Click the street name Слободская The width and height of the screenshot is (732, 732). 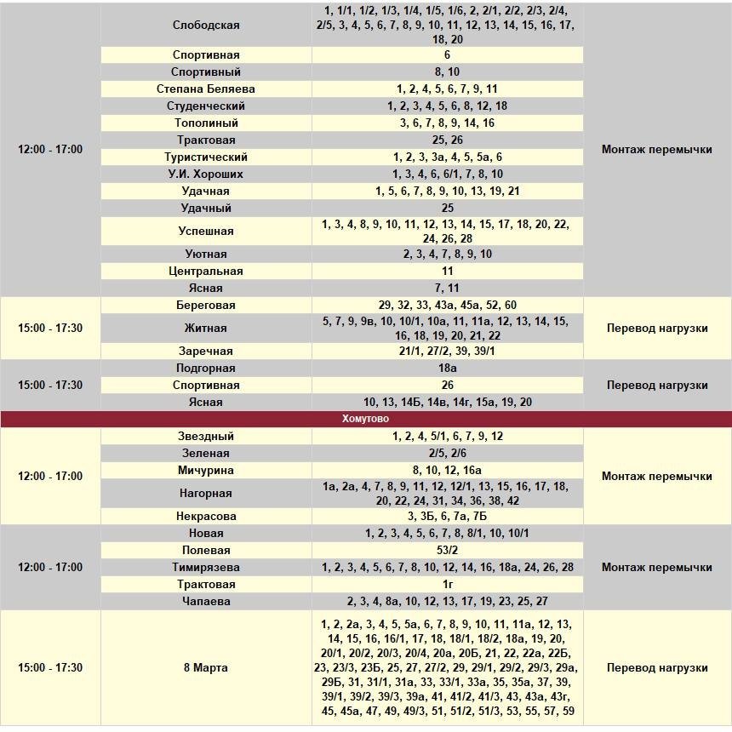click(206, 26)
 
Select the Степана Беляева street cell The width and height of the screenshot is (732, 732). click(206, 89)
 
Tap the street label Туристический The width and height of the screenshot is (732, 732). click(206, 157)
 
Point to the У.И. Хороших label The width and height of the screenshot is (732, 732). click(206, 174)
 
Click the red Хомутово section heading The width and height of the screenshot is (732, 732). click(366, 419)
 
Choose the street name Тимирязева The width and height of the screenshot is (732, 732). click(206, 568)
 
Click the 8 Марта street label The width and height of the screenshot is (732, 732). click(206, 668)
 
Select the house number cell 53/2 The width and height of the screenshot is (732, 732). click(448, 551)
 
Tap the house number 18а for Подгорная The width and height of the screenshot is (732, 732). click(448, 369)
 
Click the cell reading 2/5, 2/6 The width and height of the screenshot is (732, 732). click(448, 454)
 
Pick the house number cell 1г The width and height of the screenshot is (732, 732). click(448, 585)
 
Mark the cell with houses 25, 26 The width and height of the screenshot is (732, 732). click(448, 140)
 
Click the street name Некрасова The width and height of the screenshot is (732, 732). click(206, 517)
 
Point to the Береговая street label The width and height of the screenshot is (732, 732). click(206, 306)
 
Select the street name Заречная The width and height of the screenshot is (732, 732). click(206, 352)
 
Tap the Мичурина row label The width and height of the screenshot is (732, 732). click(206, 471)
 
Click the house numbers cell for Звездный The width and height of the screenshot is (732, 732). click(448, 437)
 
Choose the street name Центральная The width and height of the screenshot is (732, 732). click(206, 272)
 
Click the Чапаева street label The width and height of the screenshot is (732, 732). click(206, 602)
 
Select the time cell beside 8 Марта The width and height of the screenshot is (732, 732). click(50, 668)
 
